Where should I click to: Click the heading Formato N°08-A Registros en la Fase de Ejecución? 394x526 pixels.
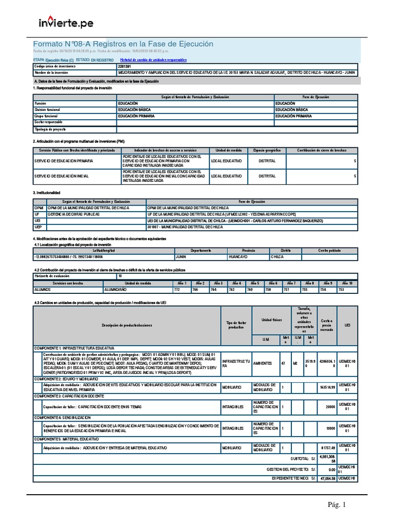coord(123,45)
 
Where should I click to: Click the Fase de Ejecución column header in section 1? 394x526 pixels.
coord(315,97)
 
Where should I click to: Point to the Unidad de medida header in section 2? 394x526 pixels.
coord(228,150)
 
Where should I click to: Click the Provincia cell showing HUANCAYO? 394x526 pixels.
coord(238,256)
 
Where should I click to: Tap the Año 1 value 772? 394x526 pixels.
coord(177,290)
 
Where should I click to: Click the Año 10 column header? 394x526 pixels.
coord(347,283)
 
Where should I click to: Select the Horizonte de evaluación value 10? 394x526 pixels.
coord(120,276)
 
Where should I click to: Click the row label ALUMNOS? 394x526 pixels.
coord(43,290)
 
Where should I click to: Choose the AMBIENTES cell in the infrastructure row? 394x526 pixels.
coord(263,363)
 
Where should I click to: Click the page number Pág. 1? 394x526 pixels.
coord(338,505)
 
